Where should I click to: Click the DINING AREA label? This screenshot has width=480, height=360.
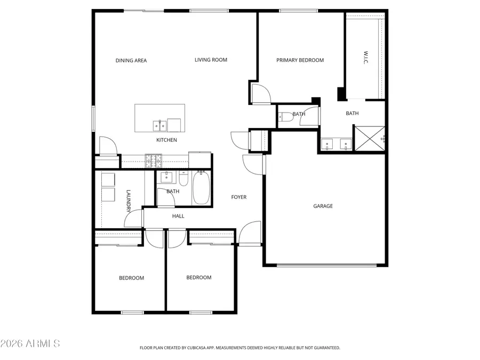click(131, 60)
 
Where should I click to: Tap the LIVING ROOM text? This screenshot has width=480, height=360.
click(211, 60)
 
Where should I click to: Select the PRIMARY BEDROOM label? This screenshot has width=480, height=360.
click(300, 60)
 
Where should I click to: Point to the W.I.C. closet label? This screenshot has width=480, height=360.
click(366, 59)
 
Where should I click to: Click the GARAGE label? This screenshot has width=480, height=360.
click(323, 206)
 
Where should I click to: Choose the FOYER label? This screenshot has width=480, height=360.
click(238, 197)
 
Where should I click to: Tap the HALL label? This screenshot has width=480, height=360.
click(178, 216)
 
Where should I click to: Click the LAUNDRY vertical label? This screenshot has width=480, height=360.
click(128, 201)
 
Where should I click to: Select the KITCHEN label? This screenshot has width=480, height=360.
click(166, 140)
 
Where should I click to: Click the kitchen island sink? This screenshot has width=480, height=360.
click(159, 125)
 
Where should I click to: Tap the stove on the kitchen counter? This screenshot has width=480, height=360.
click(153, 158)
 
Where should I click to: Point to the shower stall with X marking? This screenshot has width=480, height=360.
click(369, 138)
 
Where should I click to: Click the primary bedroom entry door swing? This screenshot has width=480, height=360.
click(261, 94)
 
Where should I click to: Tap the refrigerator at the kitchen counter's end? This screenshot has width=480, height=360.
click(200, 160)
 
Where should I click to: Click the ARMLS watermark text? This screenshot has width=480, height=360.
click(30, 343)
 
